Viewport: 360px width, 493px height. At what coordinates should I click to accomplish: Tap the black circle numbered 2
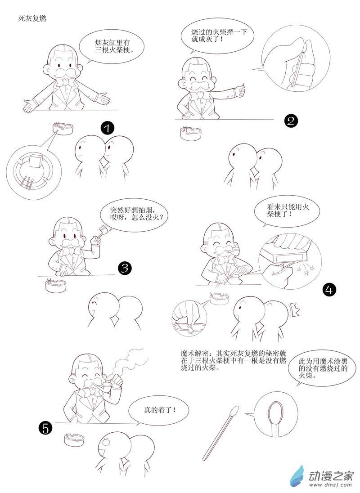(x=291, y=121)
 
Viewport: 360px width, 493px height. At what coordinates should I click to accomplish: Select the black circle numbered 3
(x=125, y=268)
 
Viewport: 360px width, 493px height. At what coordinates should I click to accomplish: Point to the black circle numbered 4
(x=329, y=290)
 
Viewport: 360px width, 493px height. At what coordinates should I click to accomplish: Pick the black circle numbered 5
(x=45, y=428)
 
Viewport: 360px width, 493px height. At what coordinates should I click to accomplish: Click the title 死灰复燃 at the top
(x=32, y=18)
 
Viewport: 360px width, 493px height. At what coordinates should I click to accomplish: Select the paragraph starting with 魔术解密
(x=233, y=360)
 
